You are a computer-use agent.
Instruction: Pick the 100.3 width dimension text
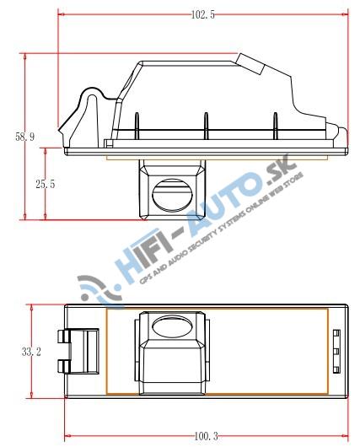tap(206, 435)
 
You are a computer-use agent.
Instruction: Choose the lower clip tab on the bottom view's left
tap(62, 365)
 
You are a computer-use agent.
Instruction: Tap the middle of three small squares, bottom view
tap(336, 350)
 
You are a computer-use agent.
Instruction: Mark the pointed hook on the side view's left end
tap(87, 95)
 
